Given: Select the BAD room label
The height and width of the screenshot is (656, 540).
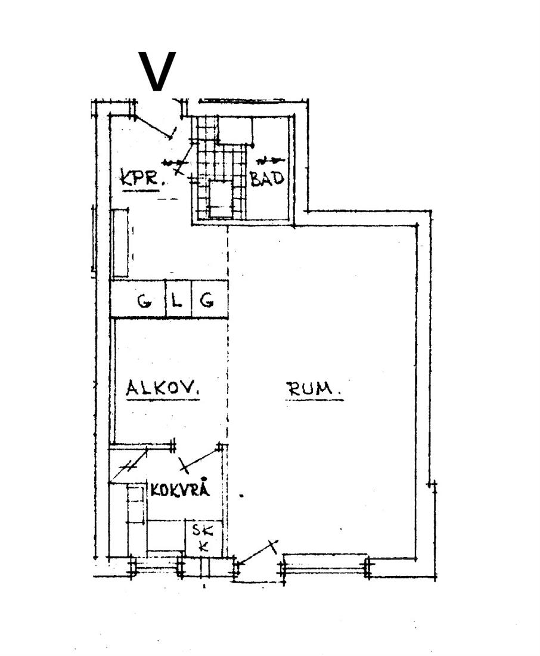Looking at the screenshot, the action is pos(267,178).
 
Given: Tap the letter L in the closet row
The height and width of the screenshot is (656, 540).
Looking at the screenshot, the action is pos(178,301).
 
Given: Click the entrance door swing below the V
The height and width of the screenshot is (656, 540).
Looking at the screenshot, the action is pos(154,127).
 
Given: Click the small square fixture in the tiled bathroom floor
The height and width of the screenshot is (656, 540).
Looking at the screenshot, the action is pos(221,199).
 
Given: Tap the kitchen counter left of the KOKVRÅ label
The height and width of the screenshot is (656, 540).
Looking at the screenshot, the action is pos(136,519).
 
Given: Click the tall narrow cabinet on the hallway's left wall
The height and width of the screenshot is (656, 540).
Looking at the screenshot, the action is pos(120,243).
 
